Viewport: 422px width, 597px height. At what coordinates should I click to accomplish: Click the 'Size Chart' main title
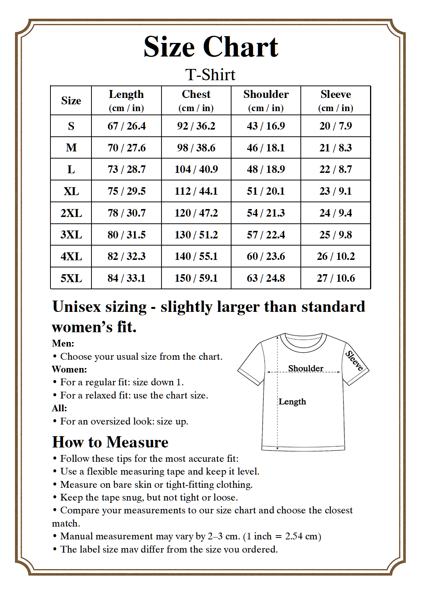[x=211, y=47]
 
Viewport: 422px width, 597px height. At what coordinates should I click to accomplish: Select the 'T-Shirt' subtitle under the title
[x=210, y=75]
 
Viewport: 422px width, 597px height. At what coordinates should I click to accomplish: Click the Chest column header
[x=196, y=100]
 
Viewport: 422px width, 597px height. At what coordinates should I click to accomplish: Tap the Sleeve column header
[x=335, y=100]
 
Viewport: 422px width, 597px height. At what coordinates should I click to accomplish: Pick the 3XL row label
[x=71, y=235]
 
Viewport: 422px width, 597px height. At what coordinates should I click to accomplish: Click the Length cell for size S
[x=126, y=126]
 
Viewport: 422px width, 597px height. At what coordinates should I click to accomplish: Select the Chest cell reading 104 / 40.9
[x=196, y=169]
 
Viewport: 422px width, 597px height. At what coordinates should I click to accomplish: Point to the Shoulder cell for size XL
[x=266, y=191]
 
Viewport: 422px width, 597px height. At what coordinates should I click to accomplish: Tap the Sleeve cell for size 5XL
[x=335, y=278]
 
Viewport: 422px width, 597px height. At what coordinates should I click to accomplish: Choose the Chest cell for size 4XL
[x=196, y=256]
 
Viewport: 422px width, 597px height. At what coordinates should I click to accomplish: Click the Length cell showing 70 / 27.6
[x=126, y=148]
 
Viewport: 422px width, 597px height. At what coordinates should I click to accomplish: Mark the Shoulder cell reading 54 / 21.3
[x=266, y=213]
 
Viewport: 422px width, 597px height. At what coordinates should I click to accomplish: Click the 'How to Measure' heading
[x=110, y=442]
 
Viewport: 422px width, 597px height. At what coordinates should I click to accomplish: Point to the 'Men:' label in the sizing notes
[x=63, y=343]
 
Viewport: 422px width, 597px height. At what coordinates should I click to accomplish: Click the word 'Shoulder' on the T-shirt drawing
[x=306, y=368]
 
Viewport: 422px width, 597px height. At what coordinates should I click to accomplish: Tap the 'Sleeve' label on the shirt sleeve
[x=354, y=360]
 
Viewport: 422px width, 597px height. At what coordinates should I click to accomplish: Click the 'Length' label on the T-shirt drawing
[x=292, y=402]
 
